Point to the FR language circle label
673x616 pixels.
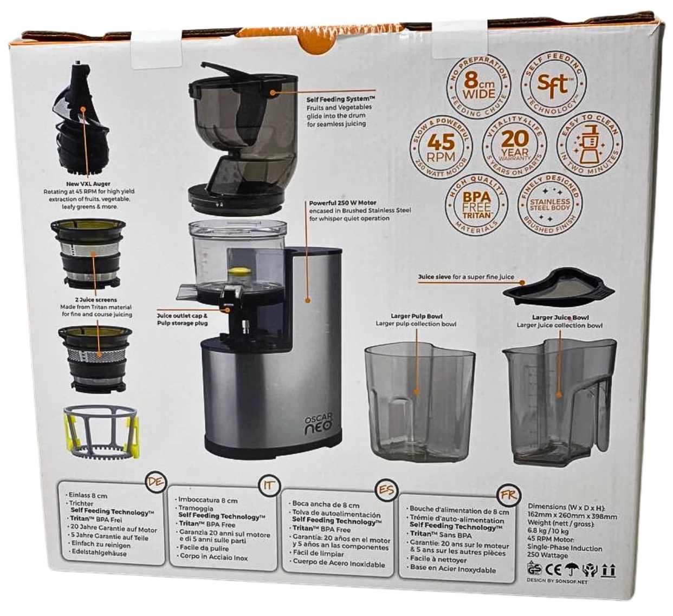pyautogui.click(x=508, y=495)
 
